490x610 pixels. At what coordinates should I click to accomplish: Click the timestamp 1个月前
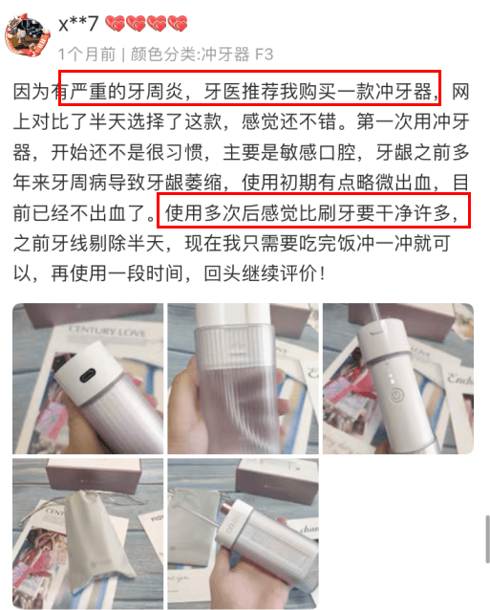click(87, 54)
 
